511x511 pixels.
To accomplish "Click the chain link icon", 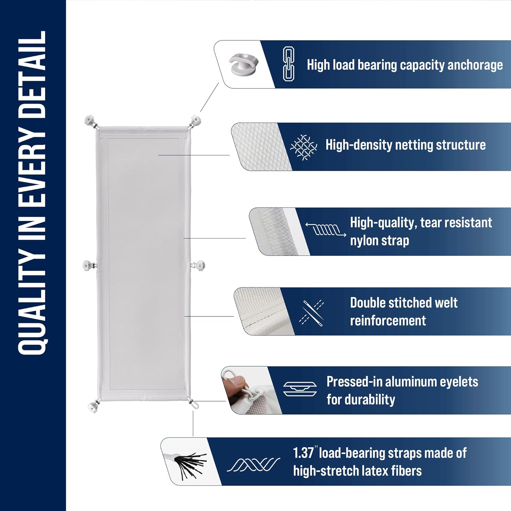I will click(x=289, y=64).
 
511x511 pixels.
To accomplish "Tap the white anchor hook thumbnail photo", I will click(x=243, y=64).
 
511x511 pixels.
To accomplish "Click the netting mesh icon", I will click(x=304, y=147).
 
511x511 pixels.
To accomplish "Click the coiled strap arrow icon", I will click(x=326, y=230).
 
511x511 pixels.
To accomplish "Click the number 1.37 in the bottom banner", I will click(x=303, y=453).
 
